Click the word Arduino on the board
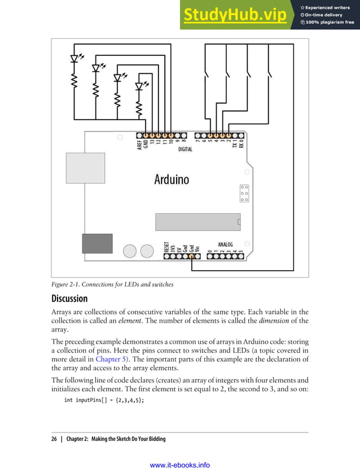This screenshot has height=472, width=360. tap(172, 179)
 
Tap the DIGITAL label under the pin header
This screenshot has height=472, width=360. tap(185, 149)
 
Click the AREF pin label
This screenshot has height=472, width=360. tap(139, 145)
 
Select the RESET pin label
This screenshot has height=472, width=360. tap(167, 246)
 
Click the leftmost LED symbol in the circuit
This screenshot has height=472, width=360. tap(74, 58)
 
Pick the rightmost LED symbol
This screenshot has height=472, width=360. tap(139, 86)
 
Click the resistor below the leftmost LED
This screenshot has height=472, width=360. tap(74, 83)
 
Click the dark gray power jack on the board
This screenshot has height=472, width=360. tap(96, 243)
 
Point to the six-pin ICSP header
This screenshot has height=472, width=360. tap(244, 193)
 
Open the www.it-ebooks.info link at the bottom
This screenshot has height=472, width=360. tap(180, 465)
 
